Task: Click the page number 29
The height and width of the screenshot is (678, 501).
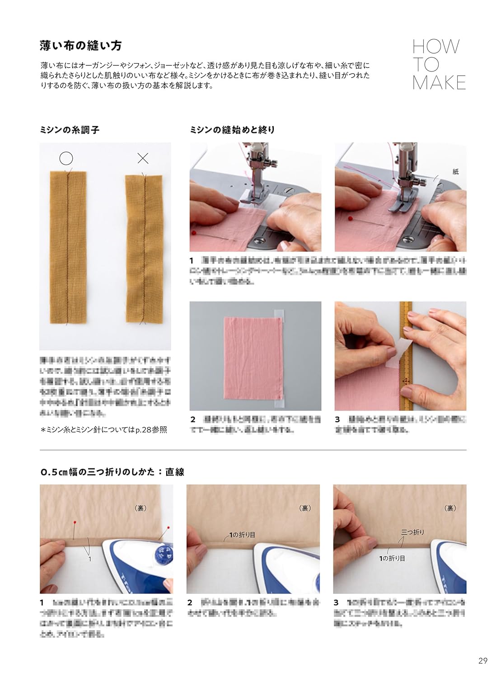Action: point(482,661)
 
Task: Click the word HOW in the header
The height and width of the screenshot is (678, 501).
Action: point(435,47)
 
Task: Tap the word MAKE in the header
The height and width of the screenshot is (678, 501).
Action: point(439,83)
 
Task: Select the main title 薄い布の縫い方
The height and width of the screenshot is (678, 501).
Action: point(81,46)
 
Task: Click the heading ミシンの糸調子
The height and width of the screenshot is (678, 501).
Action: point(70,130)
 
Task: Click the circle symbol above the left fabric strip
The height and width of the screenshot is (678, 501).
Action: point(66,158)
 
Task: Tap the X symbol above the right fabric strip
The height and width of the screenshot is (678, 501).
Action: point(143,158)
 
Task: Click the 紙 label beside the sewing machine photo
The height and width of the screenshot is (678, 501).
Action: point(455,171)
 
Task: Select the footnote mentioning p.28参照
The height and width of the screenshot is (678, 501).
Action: point(103,430)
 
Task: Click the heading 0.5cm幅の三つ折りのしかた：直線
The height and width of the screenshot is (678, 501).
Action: point(112,472)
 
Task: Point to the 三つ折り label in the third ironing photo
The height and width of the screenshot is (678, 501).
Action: point(412,532)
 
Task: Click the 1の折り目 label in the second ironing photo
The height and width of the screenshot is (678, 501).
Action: point(241,535)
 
